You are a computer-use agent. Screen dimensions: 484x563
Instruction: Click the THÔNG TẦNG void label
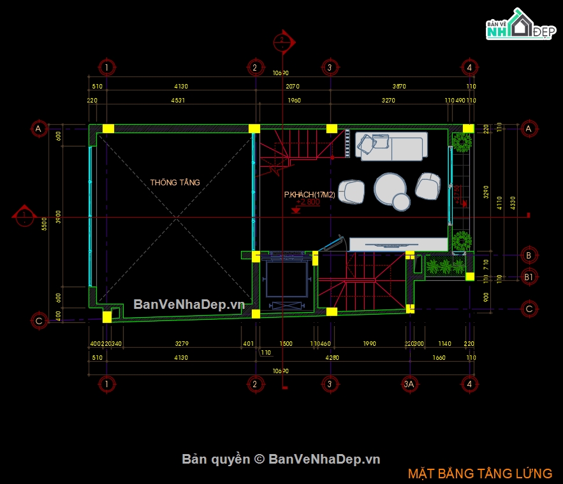point(175,183)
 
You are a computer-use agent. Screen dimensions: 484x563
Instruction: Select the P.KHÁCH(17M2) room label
point(309,194)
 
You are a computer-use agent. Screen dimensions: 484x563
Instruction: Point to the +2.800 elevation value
point(308,202)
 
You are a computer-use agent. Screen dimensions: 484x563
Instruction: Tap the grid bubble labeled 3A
point(410,384)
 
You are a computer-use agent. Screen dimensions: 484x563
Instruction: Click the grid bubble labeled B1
point(528,278)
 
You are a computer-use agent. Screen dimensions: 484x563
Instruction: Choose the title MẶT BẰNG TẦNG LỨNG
point(480,473)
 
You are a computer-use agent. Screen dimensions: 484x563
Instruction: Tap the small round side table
point(401,202)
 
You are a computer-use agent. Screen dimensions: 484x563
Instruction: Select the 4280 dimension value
point(332,358)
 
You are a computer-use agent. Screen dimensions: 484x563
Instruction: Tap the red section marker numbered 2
point(282,41)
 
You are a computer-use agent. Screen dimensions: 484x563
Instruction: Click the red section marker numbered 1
point(24,217)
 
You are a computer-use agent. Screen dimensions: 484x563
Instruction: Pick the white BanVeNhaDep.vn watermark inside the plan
point(189,304)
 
